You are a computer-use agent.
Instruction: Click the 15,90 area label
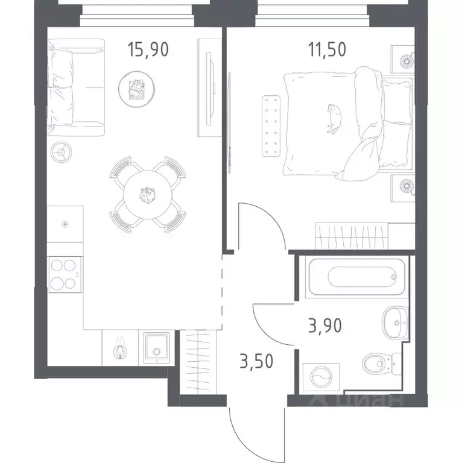148,49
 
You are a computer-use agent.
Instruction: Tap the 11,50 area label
327,49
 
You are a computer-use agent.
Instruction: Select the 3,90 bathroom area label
324,326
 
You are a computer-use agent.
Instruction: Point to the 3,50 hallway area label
256,361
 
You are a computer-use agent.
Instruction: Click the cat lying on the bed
334,119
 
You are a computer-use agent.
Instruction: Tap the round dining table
147,195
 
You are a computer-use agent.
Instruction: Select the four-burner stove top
65,275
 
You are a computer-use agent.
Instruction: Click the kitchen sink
156,348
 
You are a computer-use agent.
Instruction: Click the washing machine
321,377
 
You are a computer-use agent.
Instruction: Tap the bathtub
357,277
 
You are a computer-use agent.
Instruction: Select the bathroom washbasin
395,323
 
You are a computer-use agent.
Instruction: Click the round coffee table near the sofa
136,89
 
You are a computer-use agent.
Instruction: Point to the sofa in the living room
76,87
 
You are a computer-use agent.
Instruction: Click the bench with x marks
271,126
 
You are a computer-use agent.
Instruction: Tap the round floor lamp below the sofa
61,152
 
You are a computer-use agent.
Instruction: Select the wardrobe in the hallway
198,362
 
